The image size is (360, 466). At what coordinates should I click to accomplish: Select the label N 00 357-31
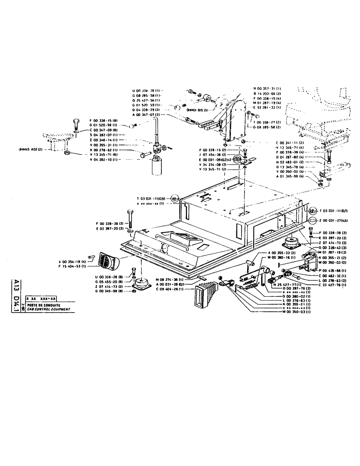click(267, 89)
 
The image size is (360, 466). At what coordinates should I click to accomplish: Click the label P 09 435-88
click(319, 270)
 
